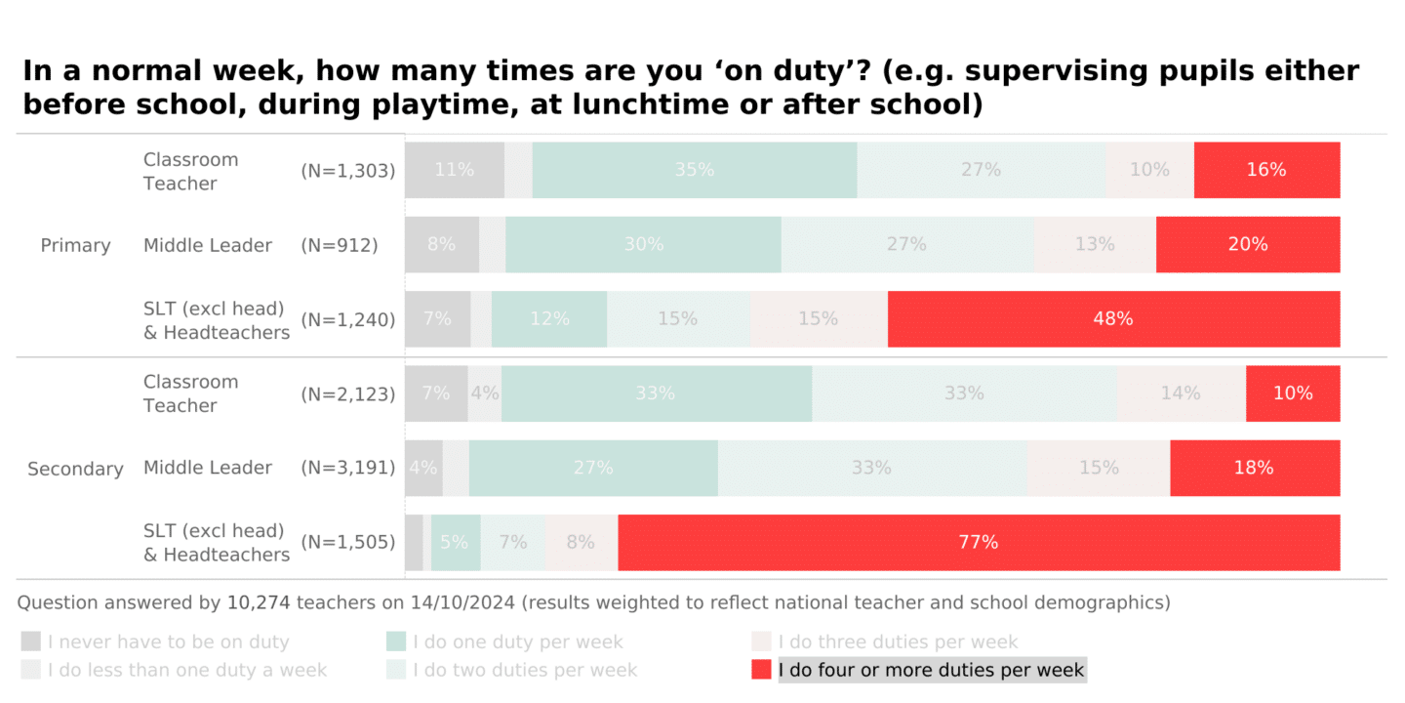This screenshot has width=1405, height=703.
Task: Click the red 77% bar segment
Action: click(979, 542)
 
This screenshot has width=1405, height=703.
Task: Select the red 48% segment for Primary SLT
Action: click(1113, 319)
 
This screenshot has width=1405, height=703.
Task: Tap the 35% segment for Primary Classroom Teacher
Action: click(695, 170)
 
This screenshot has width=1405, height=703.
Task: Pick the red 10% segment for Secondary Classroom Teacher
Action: click(1293, 393)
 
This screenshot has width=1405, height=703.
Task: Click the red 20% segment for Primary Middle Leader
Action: click(1248, 244)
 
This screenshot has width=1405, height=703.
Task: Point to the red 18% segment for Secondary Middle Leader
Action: click(1254, 468)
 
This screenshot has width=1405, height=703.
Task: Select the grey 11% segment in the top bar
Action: click(455, 170)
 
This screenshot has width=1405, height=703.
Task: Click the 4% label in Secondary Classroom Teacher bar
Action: click(485, 393)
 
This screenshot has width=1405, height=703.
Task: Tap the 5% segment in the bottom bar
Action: click(456, 542)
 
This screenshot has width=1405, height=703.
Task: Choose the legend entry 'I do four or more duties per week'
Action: click(931, 670)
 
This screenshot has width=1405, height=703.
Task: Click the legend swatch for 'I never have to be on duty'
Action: click(31, 641)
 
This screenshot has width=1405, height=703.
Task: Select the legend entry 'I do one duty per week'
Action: click(517, 641)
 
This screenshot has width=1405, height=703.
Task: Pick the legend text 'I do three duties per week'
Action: click(898, 641)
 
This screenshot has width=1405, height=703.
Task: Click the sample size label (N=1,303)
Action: click(348, 171)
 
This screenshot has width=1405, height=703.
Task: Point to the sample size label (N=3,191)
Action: click(348, 468)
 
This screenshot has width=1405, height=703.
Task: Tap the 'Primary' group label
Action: click(75, 245)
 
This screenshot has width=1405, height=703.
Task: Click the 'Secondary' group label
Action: click(75, 469)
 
